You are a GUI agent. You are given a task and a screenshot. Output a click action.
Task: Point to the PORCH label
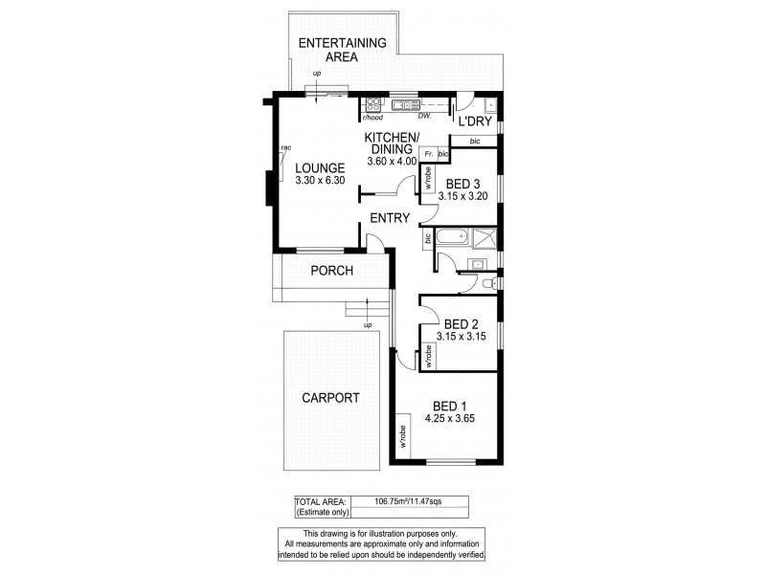point(332,271)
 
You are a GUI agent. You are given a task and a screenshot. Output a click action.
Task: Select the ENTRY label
point(390,217)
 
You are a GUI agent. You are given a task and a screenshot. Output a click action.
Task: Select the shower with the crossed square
point(485,237)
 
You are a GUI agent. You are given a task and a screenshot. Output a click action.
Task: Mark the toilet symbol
point(488,283)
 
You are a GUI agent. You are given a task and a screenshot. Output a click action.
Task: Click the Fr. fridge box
point(428,153)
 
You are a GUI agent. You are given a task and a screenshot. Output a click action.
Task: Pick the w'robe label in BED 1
point(404,435)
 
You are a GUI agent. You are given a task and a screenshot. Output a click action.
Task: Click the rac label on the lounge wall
point(285,148)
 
